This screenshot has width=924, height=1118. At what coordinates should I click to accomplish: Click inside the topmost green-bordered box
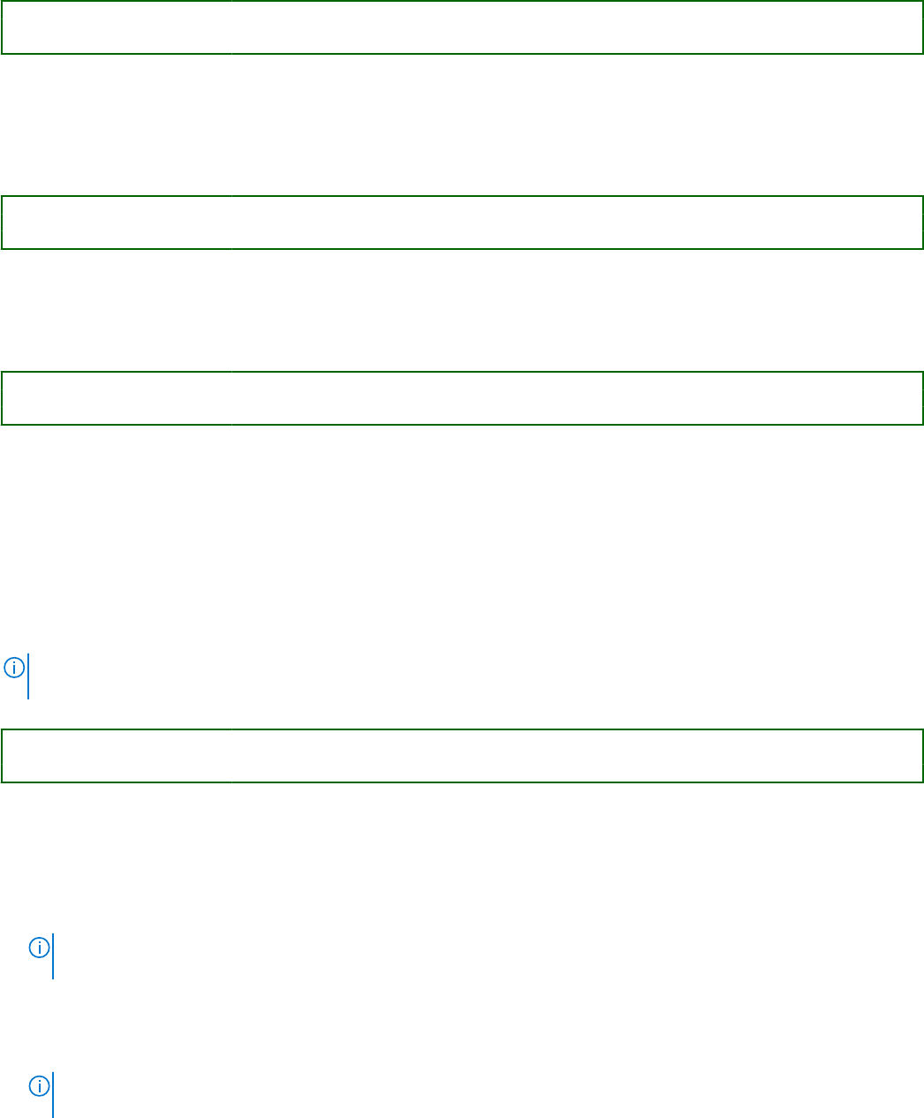coord(462,27)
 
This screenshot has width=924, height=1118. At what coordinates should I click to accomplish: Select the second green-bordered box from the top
coord(462,223)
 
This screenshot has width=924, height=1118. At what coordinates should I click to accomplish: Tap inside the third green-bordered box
coord(462,398)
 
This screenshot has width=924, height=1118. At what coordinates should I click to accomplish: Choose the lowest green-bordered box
coord(462,756)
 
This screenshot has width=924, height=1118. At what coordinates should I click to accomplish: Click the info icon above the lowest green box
coord(14,668)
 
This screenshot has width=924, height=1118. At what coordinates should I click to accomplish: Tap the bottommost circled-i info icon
coord(39,1086)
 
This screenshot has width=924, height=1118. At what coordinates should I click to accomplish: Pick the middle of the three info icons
coord(39,948)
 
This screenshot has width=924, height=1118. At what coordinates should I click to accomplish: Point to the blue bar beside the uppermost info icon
coord(28,676)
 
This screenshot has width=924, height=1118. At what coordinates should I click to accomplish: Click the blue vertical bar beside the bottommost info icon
coord(53,1095)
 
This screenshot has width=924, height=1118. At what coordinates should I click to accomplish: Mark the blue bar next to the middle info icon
coord(53,956)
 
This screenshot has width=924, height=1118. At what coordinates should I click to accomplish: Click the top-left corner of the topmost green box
coord(2,2)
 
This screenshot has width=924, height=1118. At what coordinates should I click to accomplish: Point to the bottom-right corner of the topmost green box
coord(922,53)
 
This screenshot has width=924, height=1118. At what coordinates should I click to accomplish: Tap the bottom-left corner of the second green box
coord(2,248)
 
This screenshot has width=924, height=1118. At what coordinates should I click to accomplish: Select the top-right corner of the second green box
coord(922,197)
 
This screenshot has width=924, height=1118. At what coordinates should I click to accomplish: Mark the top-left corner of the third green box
coord(2,373)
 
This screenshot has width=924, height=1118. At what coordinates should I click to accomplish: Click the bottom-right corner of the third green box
coord(922,424)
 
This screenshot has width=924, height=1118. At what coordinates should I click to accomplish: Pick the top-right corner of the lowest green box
coord(922,730)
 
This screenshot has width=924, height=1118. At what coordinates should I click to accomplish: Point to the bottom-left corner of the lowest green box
coord(2,782)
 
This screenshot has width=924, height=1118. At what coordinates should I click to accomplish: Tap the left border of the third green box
coord(2,398)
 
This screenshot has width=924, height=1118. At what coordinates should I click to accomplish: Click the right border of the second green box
coord(922,223)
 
